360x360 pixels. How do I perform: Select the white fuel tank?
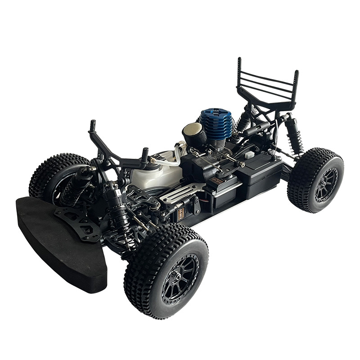[151, 173]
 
